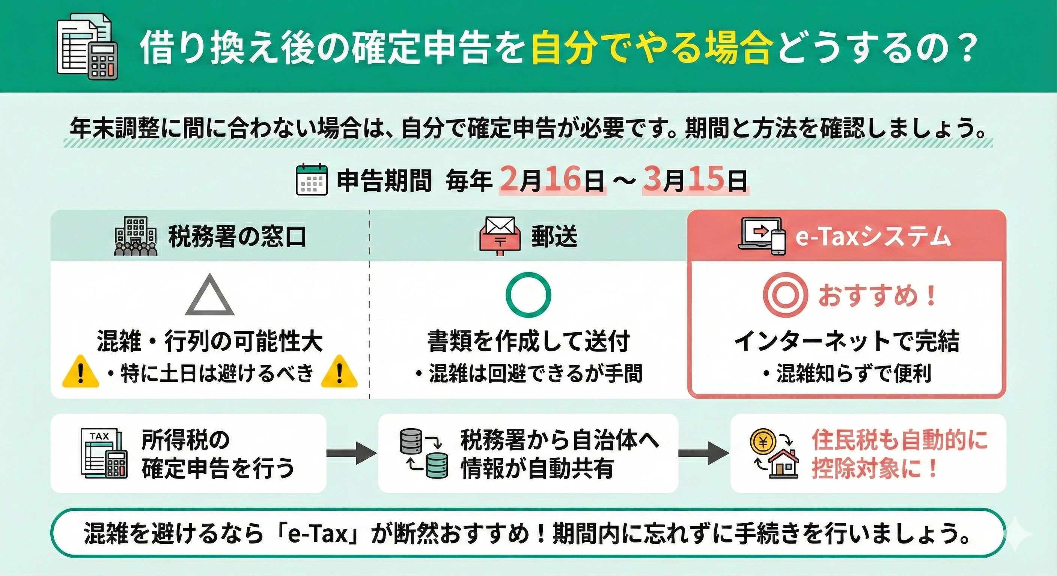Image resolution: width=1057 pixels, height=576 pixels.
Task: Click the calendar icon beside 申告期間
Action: tap(312, 180)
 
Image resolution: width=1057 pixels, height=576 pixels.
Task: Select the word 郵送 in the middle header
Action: tap(554, 237)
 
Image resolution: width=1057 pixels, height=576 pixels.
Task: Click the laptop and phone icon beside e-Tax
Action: tap(761, 237)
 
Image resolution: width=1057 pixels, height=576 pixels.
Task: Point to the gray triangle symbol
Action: tap(210, 296)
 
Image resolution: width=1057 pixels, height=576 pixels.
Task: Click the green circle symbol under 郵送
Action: tap(528, 294)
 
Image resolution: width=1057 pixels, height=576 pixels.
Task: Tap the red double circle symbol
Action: tap(785, 295)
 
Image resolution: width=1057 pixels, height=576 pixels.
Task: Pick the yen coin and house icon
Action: tap(774, 454)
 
